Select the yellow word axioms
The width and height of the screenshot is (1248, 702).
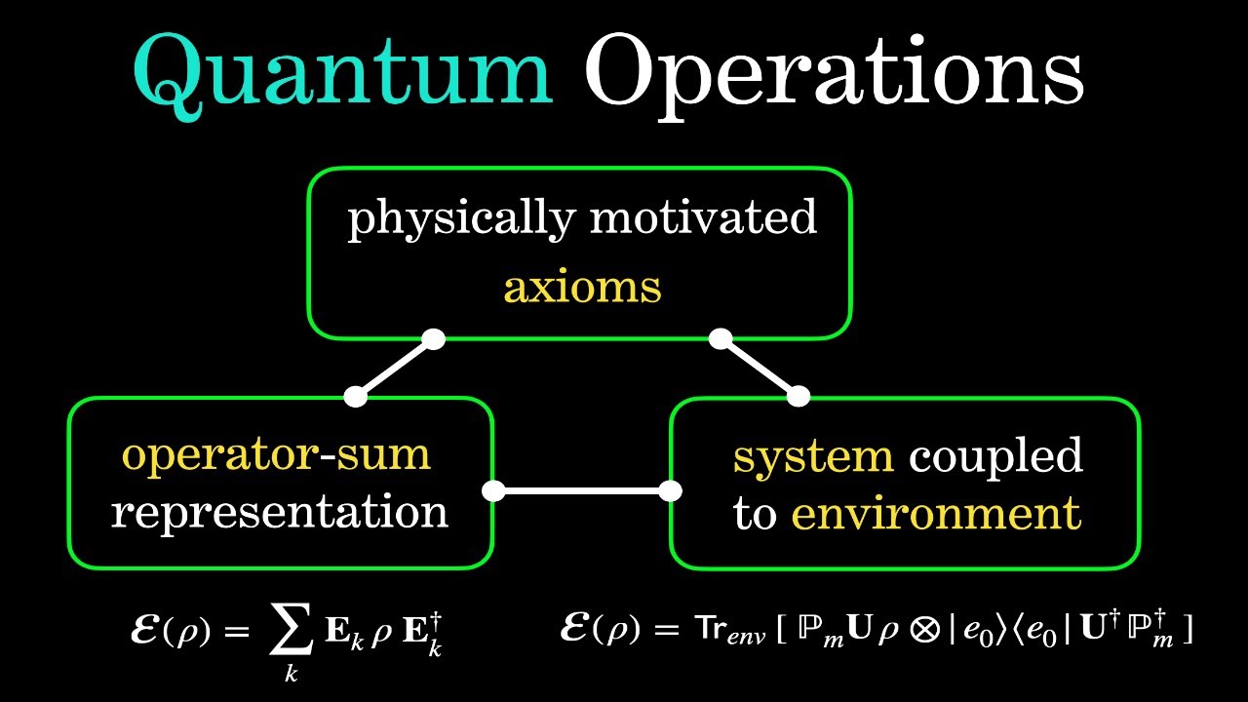tap(582, 287)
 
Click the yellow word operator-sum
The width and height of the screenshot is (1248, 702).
tap(276, 454)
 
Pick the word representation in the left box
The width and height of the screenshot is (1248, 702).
tap(279, 512)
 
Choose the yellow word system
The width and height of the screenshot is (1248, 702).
tap(813, 456)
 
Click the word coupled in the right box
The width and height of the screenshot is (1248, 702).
tap(994, 456)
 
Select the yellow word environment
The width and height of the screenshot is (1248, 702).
tap(936, 513)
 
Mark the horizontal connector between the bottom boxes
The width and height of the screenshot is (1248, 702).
tap(582, 490)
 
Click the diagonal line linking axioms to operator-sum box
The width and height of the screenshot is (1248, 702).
tap(395, 369)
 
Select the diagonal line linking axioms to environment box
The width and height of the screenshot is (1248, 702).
tap(759, 368)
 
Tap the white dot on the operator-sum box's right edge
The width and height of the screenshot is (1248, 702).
tap(494, 490)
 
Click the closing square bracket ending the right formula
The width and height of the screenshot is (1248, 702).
tap(1188, 631)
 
